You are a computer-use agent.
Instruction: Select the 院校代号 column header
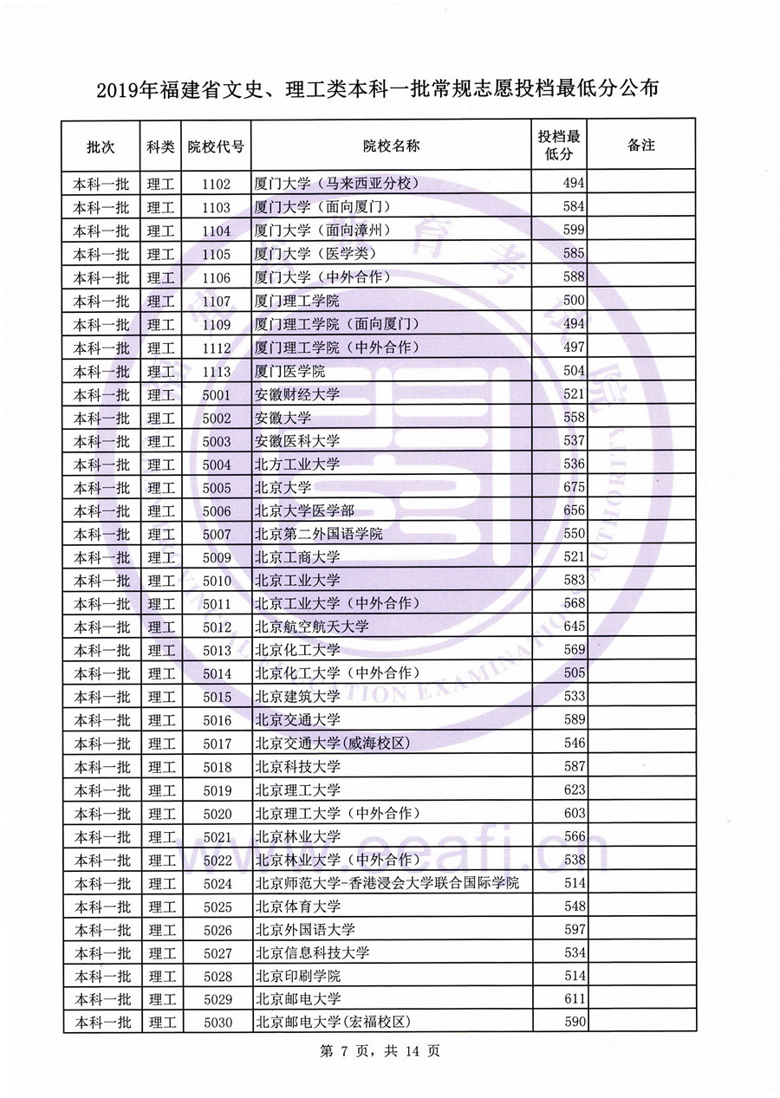(216, 146)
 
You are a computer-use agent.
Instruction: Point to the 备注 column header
(640, 146)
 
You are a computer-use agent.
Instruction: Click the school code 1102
(216, 184)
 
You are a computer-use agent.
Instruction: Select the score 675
(575, 488)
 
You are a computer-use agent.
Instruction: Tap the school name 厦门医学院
(290, 371)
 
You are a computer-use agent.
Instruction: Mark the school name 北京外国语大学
(304, 930)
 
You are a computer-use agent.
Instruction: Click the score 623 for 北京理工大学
(575, 790)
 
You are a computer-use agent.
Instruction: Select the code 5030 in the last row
(216, 1023)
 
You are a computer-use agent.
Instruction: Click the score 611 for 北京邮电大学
(575, 999)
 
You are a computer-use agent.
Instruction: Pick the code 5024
(216, 883)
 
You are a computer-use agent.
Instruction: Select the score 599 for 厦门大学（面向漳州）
(575, 231)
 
